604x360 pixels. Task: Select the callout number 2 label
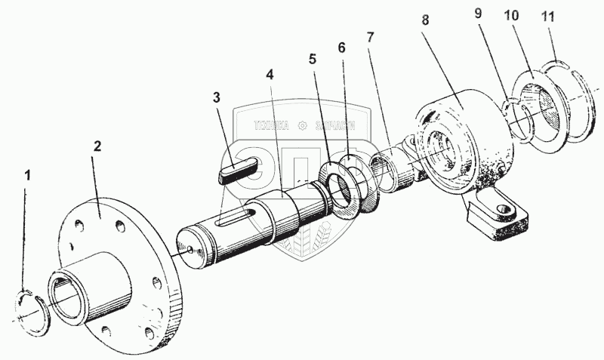click(x=97, y=146)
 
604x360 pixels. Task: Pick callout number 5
click(x=313, y=57)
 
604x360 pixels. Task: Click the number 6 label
click(x=342, y=48)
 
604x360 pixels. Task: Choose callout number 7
click(x=371, y=36)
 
